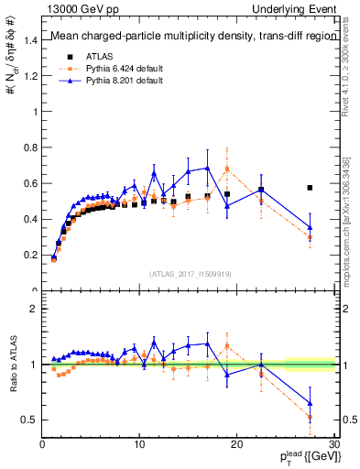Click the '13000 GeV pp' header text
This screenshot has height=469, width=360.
[80, 8]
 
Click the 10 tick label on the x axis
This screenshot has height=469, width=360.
[139, 444]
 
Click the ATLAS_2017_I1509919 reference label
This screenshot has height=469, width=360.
[189, 273]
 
